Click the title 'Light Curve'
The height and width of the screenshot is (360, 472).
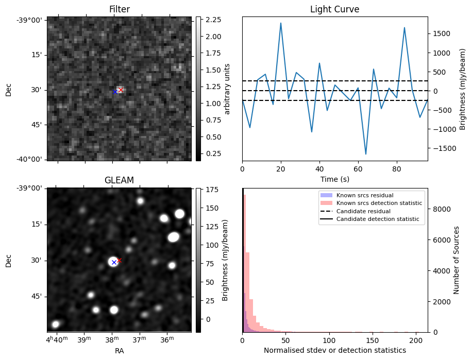(334, 9)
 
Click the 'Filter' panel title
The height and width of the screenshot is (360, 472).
(120, 9)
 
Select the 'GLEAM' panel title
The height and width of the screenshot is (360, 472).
(119, 180)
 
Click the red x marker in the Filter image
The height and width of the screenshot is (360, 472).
(120, 90)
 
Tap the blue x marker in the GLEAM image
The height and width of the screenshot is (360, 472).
(114, 262)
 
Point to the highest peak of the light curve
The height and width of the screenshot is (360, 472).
(281, 23)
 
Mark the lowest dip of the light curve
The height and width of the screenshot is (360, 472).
(366, 154)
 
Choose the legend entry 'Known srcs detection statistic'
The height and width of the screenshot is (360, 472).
(379, 203)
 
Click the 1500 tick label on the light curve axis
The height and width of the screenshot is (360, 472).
(441, 34)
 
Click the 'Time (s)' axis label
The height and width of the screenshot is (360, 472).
(334, 179)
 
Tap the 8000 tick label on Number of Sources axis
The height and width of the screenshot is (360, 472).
(441, 209)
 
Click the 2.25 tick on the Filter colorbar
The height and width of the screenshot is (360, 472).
(213, 20)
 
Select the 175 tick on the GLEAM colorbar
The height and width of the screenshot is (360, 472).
(212, 190)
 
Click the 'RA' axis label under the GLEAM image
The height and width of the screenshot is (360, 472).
(119, 351)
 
